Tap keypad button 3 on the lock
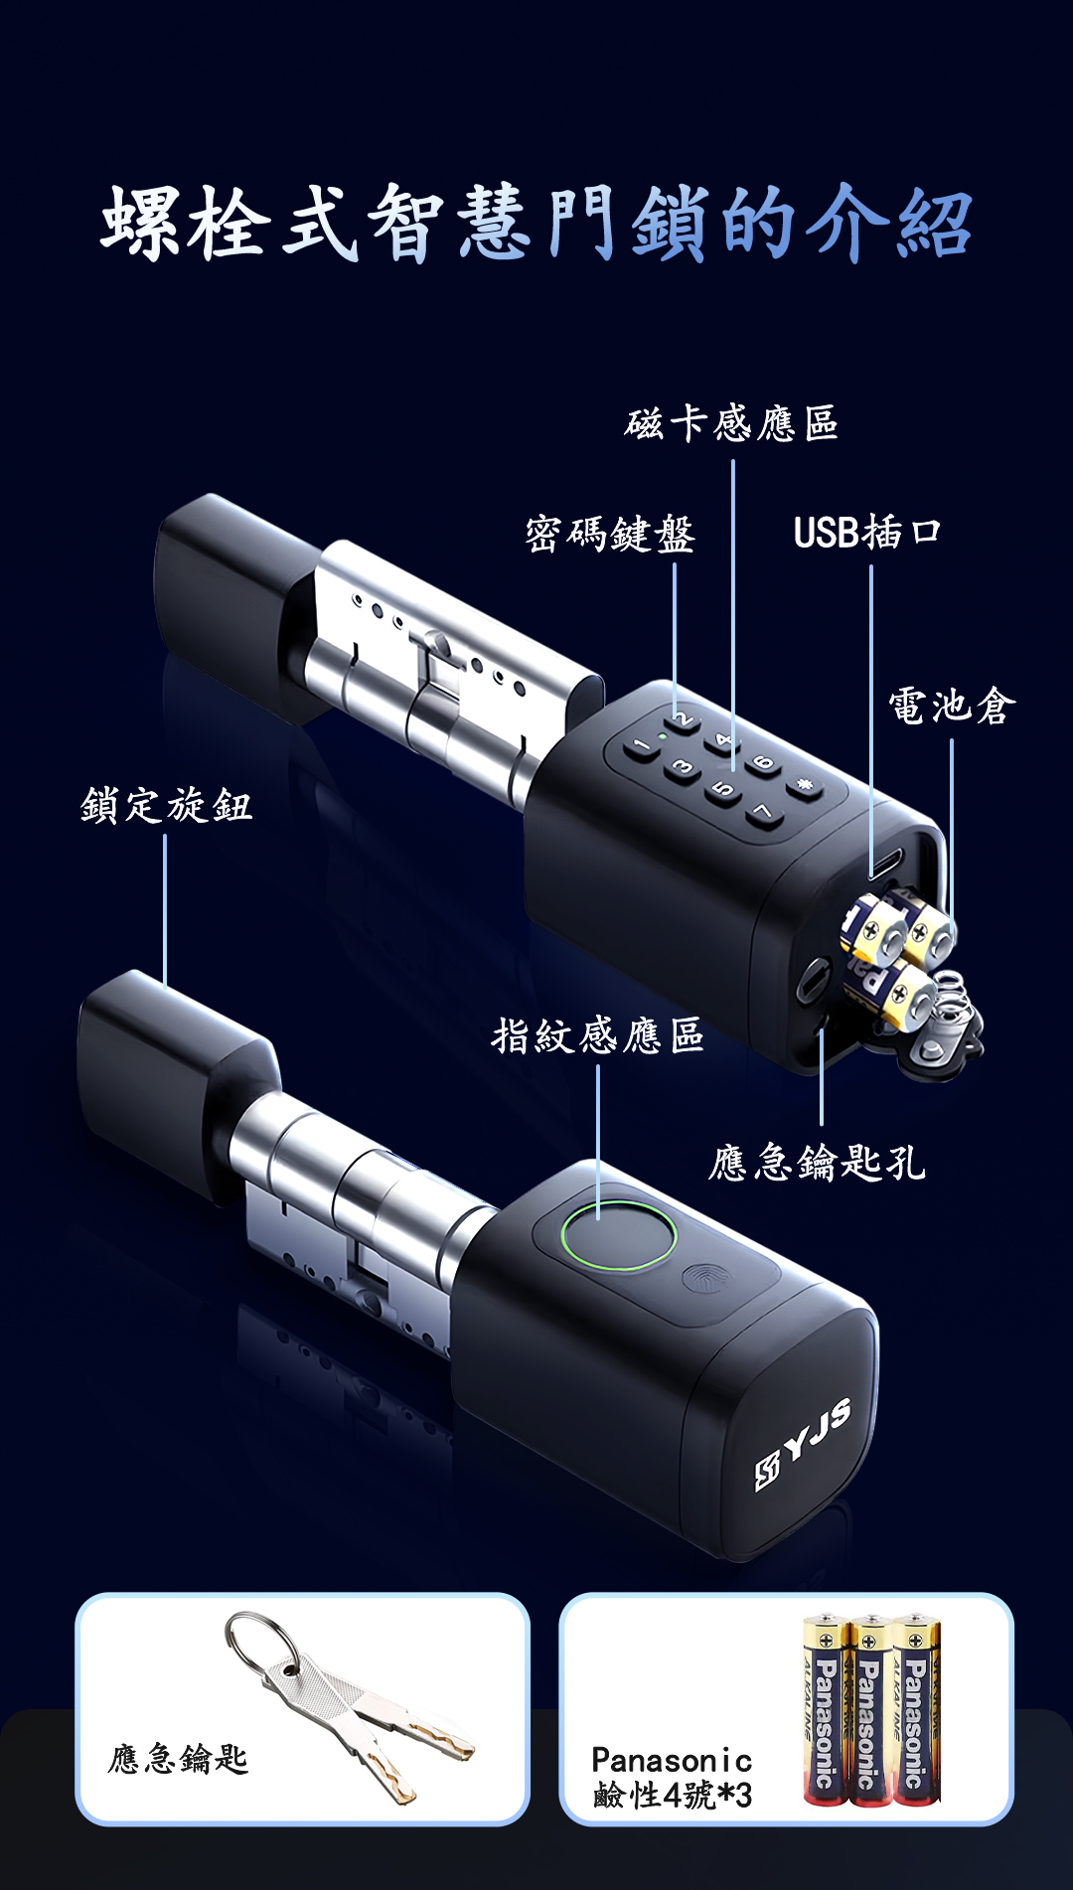682,768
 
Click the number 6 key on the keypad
762,763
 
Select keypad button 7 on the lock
762,814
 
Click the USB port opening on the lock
886,861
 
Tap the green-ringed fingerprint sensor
618,1234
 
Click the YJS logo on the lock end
804,1444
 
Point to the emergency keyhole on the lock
813,980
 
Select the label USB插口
866,533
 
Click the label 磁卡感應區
732,423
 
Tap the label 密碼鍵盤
610,534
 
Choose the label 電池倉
952,707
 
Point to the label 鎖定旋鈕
166,805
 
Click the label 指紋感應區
598,1035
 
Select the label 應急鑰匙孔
817,1162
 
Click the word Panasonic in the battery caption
672,1761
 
